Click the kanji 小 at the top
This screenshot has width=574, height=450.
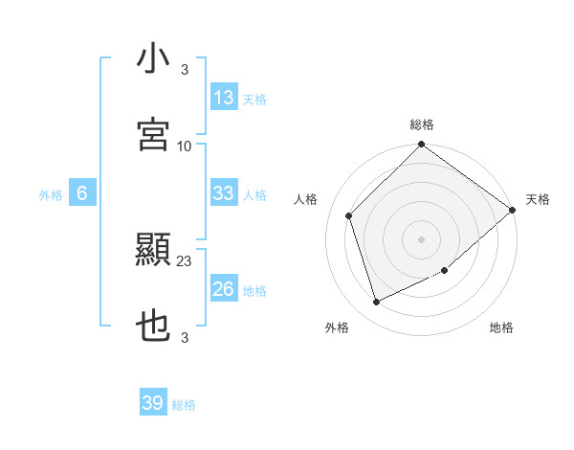coord(153,59)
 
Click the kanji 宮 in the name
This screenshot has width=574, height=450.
coord(153,134)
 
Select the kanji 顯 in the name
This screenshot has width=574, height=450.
coord(153,252)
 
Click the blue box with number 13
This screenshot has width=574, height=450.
coord(224,98)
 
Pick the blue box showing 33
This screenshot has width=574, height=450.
coord(224,193)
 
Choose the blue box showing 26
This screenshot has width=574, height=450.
coord(224,289)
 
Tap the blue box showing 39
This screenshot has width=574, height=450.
coord(153,403)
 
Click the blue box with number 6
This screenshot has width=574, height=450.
coord(82,193)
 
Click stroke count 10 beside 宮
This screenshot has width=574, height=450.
coord(185,146)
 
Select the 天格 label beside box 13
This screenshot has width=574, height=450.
coord(254,100)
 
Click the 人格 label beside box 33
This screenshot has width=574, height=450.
coord(254,195)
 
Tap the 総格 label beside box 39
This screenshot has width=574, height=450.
coord(184,405)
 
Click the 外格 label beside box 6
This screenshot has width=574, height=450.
coord(51,195)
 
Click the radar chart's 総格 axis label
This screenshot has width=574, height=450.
coord(422,124)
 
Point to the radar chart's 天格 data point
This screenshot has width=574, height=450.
coord(513,210)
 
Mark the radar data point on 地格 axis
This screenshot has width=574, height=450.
coord(445,271)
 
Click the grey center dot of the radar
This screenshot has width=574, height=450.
coord(422,239)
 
